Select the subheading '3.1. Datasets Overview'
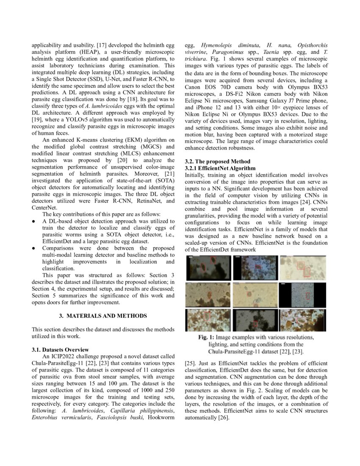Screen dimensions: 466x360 coord(61,349)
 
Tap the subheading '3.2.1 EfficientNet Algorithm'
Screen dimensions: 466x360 coord(220,168)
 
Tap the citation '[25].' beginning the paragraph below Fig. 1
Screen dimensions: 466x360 coord(192,363)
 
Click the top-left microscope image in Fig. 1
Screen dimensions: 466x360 coord(208,267)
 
